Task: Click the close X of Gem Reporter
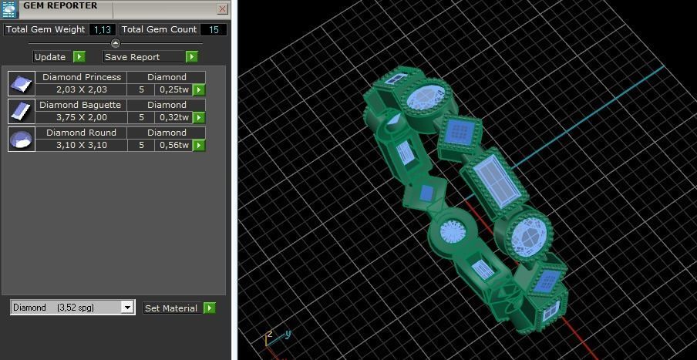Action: (x=222, y=9)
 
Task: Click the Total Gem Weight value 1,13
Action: (x=101, y=30)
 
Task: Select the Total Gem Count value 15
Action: (x=214, y=30)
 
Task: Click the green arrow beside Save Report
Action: (x=192, y=56)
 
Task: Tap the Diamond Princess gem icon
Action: (x=21, y=83)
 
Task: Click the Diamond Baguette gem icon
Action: (x=21, y=111)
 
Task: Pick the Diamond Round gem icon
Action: (x=21, y=139)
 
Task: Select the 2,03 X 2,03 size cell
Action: (x=82, y=90)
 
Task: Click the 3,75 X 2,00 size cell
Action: (x=82, y=118)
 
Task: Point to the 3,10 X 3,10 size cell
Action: (x=82, y=146)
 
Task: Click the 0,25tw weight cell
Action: (x=174, y=90)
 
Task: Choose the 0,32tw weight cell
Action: (x=174, y=118)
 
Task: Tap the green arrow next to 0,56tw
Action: (x=199, y=146)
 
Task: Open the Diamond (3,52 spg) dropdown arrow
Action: (x=127, y=308)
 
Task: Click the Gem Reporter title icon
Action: (x=9, y=9)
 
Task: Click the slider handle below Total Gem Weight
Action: (x=116, y=43)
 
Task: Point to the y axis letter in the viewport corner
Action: (x=288, y=335)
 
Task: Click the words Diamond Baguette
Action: (x=80, y=105)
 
